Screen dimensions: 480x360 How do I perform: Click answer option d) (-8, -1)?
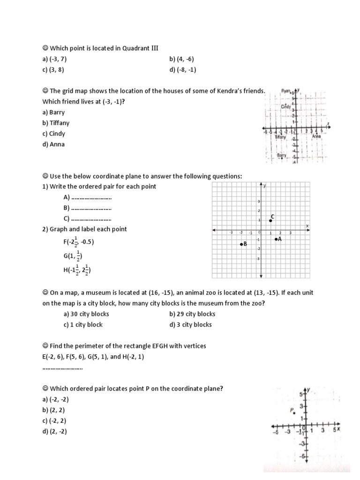(x=182, y=70)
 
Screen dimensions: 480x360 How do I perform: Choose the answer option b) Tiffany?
(x=56, y=123)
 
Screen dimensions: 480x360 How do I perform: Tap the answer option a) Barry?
(x=53, y=112)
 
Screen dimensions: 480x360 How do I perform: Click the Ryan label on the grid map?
(x=286, y=91)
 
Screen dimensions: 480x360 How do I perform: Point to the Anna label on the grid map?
(x=316, y=136)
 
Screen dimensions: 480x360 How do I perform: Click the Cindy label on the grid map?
(x=286, y=107)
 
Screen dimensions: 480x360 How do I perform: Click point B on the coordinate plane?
(x=241, y=244)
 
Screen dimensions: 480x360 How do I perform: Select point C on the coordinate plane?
(x=270, y=220)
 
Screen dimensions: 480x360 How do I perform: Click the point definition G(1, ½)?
(x=73, y=256)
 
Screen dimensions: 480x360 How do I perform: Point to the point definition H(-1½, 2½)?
(x=77, y=270)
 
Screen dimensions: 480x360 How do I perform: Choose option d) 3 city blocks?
(x=190, y=324)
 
